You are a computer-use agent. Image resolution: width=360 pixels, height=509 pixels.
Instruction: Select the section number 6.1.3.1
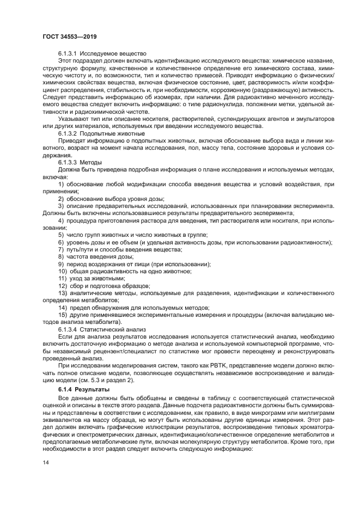(68, 53)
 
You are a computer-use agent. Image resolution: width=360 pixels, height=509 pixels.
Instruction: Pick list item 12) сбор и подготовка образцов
(103, 285)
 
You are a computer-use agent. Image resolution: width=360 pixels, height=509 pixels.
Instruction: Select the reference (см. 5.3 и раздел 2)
(122, 381)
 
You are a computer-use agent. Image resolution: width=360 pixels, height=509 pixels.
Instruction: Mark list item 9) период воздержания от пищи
(134, 263)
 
